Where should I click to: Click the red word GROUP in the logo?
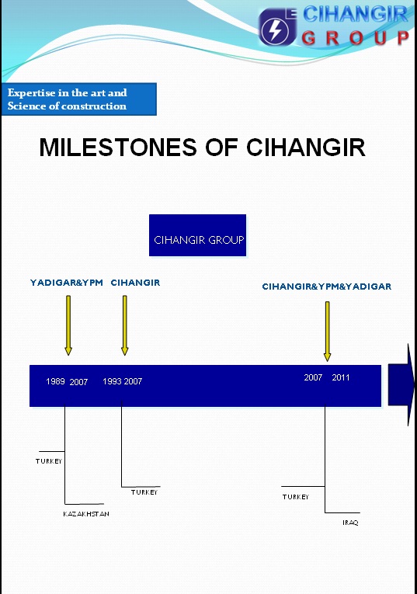[x=356, y=38]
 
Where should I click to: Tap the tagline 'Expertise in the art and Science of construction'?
[x=67, y=99]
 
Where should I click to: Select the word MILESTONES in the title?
[x=118, y=147]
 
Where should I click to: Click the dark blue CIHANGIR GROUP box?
[x=198, y=235]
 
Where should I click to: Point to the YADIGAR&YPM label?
[x=67, y=283]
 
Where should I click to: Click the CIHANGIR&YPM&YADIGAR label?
[x=326, y=287]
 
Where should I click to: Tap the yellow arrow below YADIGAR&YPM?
[x=68, y=325]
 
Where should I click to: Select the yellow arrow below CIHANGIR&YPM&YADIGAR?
[x=327, y=331]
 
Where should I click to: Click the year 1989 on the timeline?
[x=55, y=381]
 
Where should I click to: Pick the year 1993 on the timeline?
[x=112, y=381]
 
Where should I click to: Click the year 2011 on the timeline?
[x=341, y=377]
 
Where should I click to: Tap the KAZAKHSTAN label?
[x=86, y=514]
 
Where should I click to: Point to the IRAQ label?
[x=350, y=523]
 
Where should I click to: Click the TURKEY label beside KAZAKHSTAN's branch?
[x=49, y=461]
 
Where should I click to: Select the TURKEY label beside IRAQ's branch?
[x=296, y=497]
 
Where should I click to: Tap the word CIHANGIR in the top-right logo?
[x=355, y=15]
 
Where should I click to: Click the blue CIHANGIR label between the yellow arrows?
[x=135, y=283]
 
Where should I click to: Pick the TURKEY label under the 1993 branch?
[x=144, y=492]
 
